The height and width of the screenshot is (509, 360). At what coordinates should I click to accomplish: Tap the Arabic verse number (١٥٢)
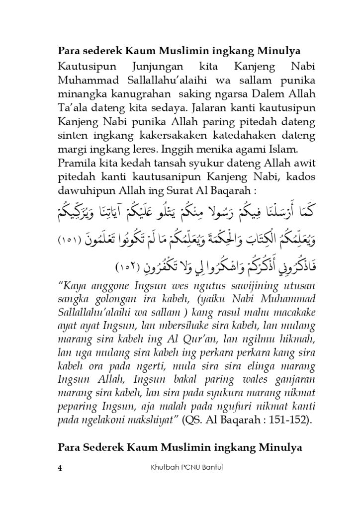128,268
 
